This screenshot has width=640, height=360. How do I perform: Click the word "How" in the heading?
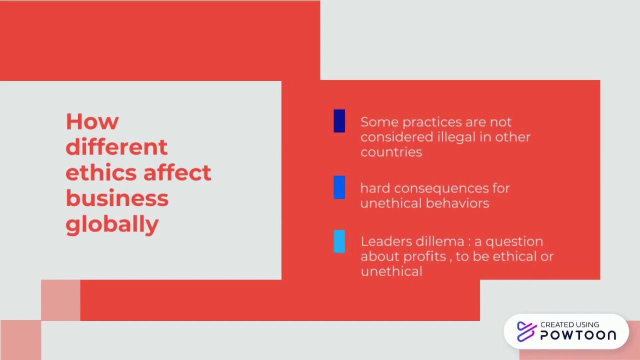tap(92, 121)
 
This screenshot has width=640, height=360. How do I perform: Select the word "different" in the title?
tap(116, 147)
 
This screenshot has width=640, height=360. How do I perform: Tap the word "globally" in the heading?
tap(112, 224)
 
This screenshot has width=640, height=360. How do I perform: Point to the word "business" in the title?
tap(117, 198)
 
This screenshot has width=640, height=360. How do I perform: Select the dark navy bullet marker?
tap(339, 121)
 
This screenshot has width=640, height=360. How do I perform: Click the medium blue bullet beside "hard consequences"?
tap(339, 187)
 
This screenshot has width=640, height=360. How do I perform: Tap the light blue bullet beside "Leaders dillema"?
tap(339, 241)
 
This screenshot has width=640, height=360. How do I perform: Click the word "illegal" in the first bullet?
tap(457, 137)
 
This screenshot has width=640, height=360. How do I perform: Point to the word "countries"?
tap(391, 152)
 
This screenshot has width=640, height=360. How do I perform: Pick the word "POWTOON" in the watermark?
tap(578, 335)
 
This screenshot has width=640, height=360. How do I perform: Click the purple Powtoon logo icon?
tap(526, 331)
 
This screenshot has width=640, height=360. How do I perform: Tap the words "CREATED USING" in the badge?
tap(569, 325)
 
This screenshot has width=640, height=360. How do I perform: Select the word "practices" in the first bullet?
tap(432, 122)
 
